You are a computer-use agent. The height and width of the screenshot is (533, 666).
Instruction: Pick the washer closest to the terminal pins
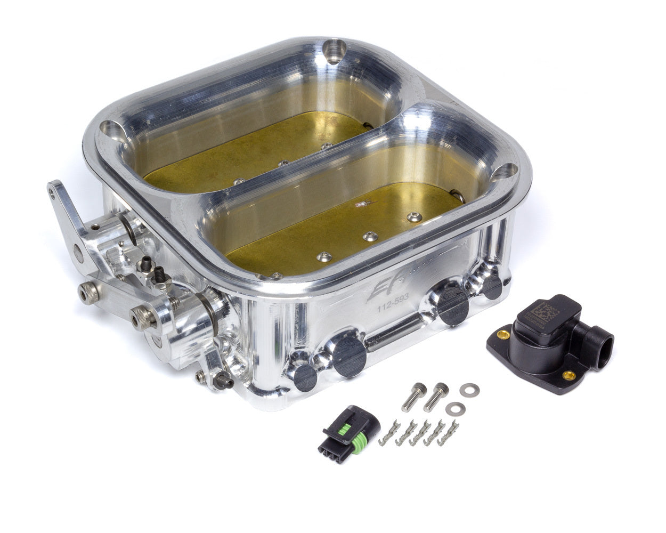coord(453,409)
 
